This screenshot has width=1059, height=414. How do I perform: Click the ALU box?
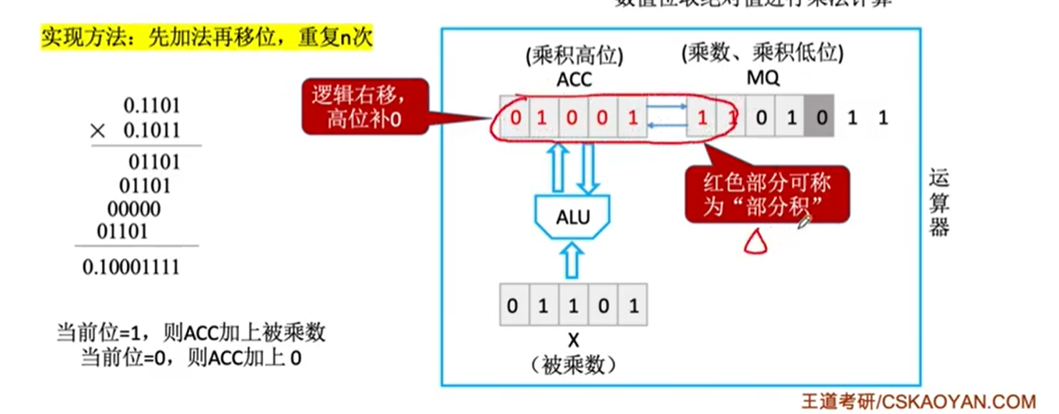(x=573, y=215)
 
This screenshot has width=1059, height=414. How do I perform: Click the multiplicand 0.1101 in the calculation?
(x=151, y=104)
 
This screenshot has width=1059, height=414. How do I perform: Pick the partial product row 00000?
(x=134, y=209)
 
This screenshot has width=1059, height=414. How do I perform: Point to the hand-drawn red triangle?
(x=755, y=241)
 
